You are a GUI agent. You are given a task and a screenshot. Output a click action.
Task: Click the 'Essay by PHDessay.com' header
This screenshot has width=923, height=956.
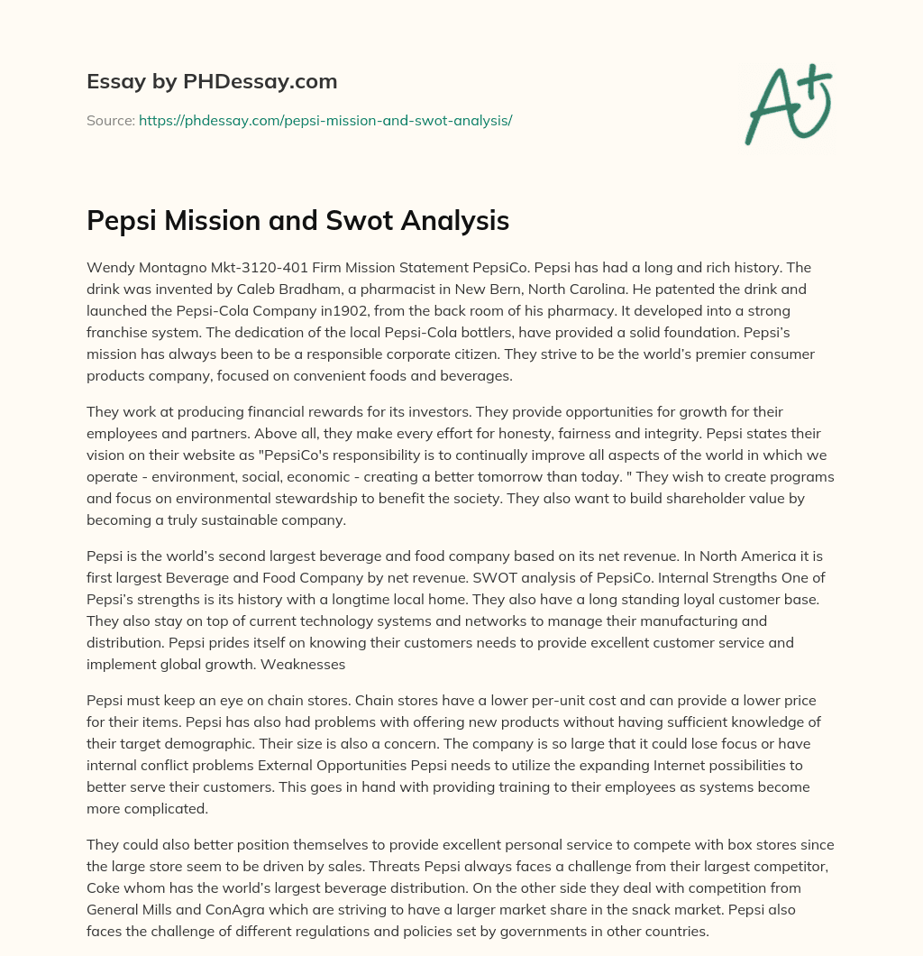212,82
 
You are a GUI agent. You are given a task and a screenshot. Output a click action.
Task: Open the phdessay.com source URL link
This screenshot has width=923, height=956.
325,120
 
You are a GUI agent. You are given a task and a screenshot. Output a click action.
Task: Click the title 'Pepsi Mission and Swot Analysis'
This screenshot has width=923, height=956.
297,220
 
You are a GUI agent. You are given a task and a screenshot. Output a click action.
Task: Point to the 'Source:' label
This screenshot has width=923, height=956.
110,120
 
